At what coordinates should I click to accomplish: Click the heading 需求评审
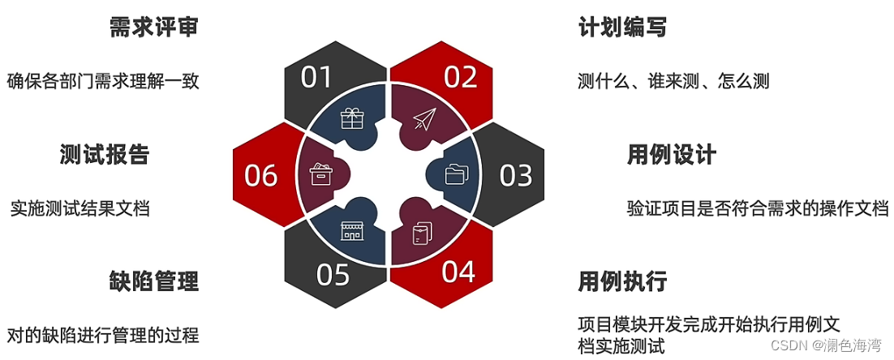coord(154,28)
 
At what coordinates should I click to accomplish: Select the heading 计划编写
coord(622,28)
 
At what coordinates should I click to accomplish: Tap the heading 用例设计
coord(671,154)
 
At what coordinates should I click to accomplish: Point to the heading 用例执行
coord(622,281)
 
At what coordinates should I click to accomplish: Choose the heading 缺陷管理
coord(154,281)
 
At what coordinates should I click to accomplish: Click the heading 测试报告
coord(105,154)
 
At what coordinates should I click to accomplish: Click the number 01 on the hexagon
coord(316,77)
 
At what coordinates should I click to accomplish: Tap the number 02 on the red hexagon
coord(460,77)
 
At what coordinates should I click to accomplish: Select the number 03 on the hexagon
coord(515,175)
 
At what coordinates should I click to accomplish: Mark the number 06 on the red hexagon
coord(260,175)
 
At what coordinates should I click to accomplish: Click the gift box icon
coord(352,119)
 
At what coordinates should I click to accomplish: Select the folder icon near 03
coord(458,174)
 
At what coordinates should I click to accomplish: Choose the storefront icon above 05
coord(352,230)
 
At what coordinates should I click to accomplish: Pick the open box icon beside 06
coord(320,174)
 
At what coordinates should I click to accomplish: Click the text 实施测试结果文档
coord(80,208)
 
